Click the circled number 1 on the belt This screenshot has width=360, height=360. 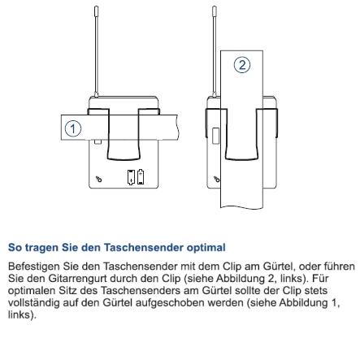[73, 128]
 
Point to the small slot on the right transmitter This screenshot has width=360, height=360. [215, 135]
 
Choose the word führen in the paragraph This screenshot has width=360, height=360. [335, 266]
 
